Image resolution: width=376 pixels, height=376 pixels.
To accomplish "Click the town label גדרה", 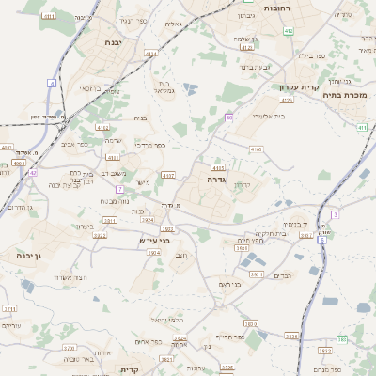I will click(217, 177).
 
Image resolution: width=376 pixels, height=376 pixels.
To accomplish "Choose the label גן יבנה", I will click(15, 255).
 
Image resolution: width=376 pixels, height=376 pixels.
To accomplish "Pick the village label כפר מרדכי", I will click(149, 145).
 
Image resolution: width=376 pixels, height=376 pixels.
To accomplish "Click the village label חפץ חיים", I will click(249, 241).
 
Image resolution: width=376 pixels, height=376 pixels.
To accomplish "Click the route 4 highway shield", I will click(52, 83).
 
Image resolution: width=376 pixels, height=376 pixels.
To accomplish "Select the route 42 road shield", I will click(32, 173).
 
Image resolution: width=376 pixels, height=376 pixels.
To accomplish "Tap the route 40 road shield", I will click(228, 117).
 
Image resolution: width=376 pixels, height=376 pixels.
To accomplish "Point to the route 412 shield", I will click(288, 31).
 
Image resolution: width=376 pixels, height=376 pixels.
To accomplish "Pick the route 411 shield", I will click(362, 127).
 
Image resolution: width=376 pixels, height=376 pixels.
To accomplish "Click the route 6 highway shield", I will click(321, 241).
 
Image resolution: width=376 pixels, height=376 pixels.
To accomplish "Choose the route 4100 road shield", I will click(256, 149).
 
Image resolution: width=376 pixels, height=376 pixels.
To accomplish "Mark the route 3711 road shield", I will click(9, 308).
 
